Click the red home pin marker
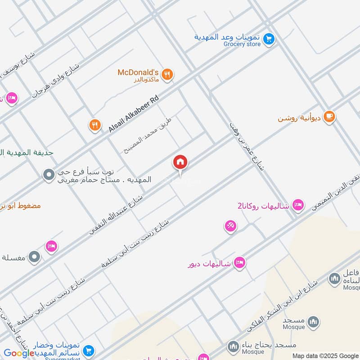click(180, 162)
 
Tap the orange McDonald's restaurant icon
click(167, 74)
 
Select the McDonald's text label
click(138, 72)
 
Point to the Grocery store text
click(242, 44)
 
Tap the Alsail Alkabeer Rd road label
click(134, 113)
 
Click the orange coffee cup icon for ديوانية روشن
click(329, 117)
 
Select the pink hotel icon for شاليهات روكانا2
click(297, 205)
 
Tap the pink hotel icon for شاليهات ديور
click(240, 263)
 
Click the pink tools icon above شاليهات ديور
click(230, 225)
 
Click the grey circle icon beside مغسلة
click(34, 257)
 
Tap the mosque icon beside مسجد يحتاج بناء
click(233, 346)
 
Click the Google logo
click(19, 353)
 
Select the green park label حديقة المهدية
click(27, 153)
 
